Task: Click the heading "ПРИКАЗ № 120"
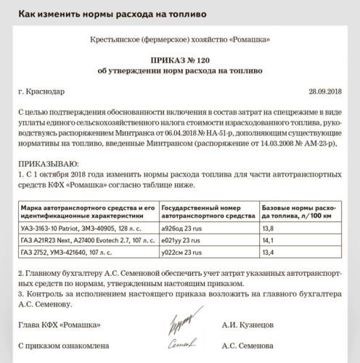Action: pyautogui.click(x=179, y=60)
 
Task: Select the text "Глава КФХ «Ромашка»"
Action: pyautogui.click(x=59, y=325)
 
